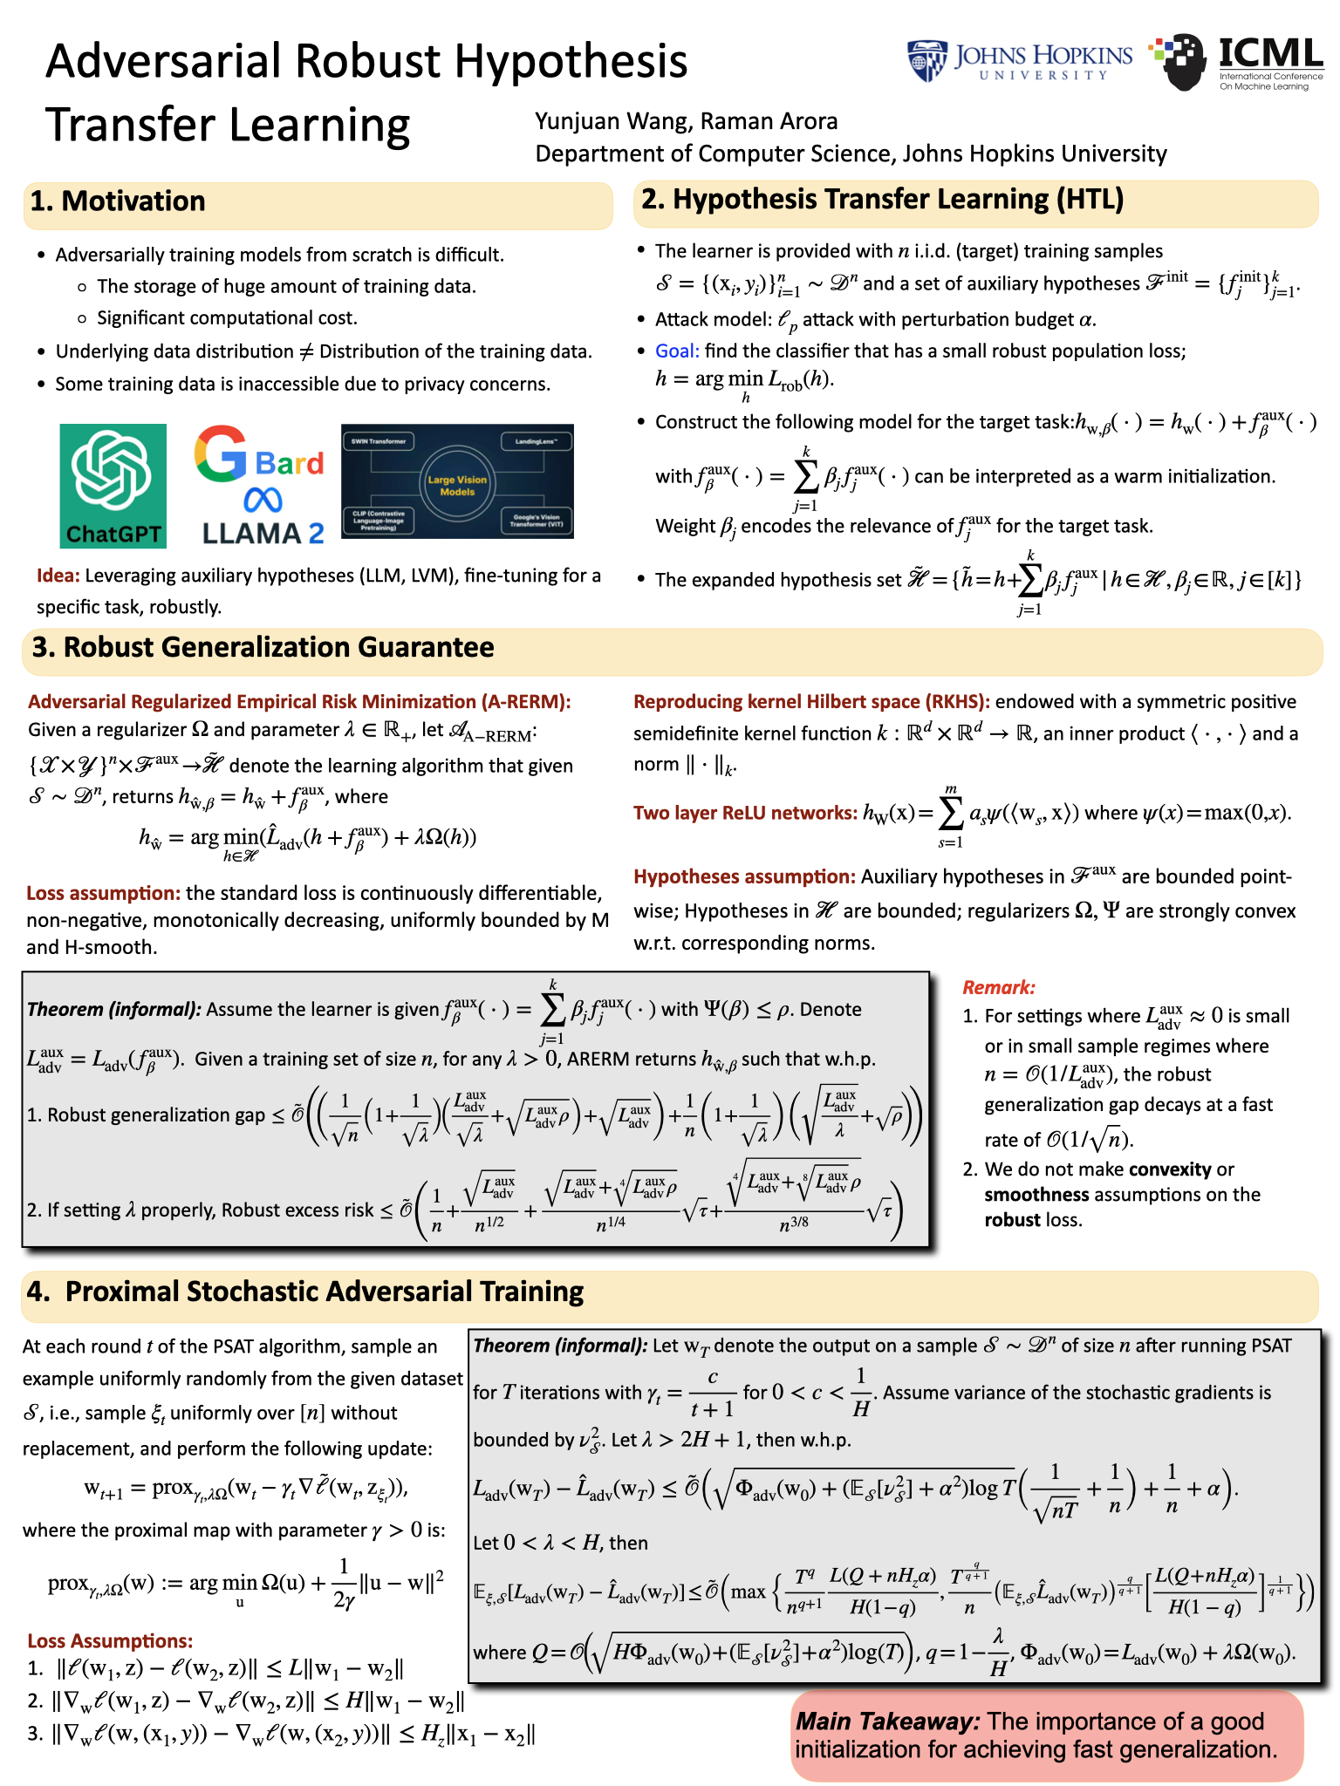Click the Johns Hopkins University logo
click(x=1019, y=61)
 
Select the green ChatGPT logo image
click(x=113, y=486)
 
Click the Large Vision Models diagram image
click(x=457, y=481)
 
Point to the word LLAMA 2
click(x=263, y=533)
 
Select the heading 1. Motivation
click(x=118, y=201)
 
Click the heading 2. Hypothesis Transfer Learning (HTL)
click(x=882, y=200)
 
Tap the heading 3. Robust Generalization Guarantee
click(x=263, y=648)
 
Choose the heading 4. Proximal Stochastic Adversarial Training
click(x=304, y=1292)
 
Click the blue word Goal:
click(x=677, y=351)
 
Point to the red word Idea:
click(x=58, y=576)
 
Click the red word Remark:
click(x=998, y=987)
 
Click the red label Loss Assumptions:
click(x=110, y=1640)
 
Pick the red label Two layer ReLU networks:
click(x=745, y=813)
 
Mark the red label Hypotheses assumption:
click(x=744, y=876)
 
